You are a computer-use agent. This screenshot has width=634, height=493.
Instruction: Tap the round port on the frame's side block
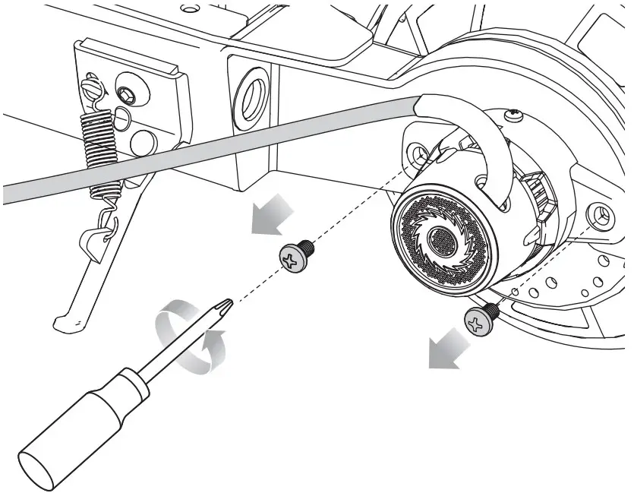[250, 100]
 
